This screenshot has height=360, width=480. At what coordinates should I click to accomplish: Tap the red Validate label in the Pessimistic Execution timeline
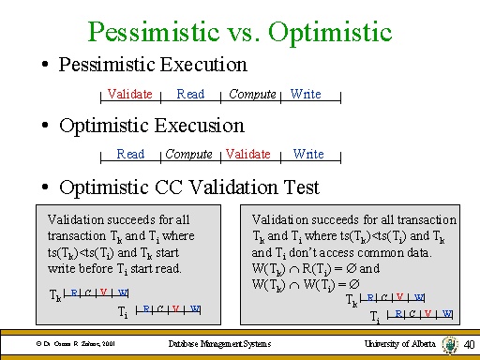[x=130, y=94]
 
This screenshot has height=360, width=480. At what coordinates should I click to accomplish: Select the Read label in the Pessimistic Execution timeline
[x=190, y=94]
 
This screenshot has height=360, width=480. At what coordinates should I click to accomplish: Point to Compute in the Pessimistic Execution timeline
[x=252, y=94]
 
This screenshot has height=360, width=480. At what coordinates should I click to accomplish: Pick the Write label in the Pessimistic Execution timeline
[x=306, y=94]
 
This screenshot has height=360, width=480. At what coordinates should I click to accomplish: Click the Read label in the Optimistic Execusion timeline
[x=130, y=154]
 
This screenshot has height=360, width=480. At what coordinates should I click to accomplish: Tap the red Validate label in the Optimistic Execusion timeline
[x=248, y=154]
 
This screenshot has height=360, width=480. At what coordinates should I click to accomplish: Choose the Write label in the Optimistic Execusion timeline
[x=308, y=154]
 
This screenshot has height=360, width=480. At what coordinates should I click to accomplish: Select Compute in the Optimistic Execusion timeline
[x=188, y=154]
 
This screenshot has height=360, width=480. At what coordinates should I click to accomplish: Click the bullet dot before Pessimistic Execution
[x=45, y=67]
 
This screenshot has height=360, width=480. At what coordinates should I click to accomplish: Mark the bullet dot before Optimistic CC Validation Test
[x=45, y=187]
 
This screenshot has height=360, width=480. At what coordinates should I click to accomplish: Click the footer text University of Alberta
[x=397, y=345]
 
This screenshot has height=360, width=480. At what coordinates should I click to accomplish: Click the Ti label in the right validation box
[x=374, y=316]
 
